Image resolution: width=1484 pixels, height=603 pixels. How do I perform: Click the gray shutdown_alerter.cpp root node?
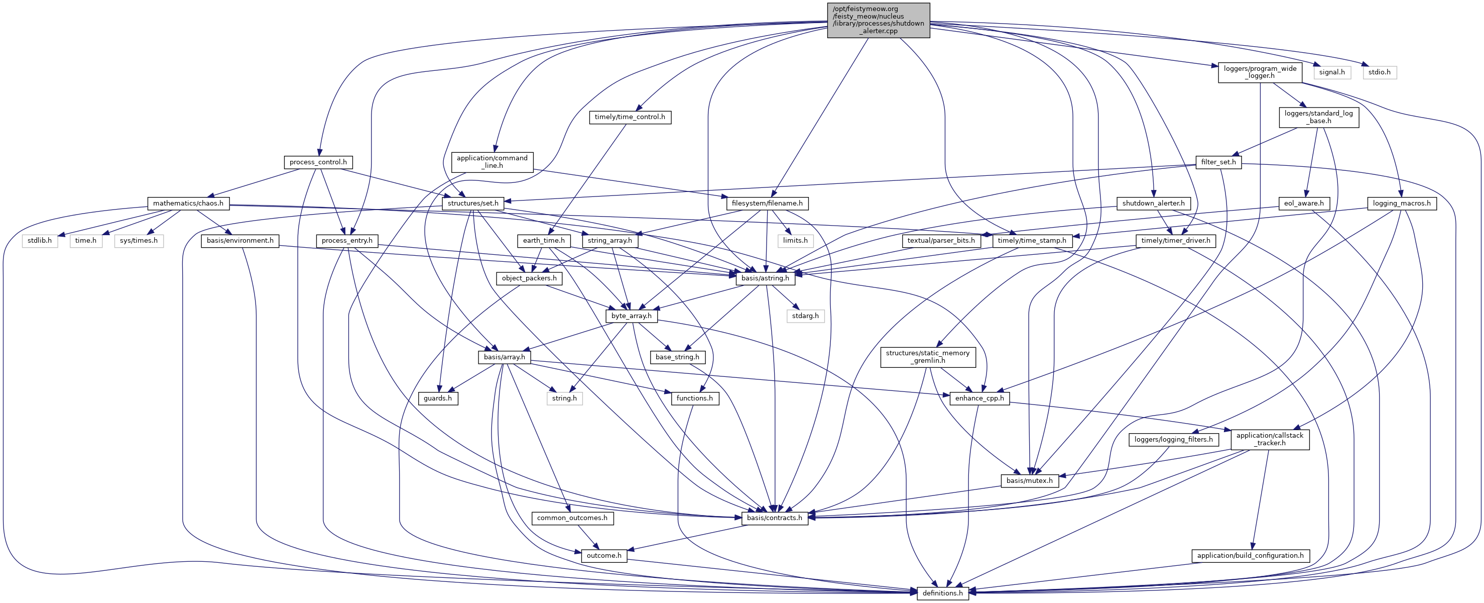point(878,20)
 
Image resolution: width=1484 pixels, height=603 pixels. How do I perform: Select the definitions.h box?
point(942,592)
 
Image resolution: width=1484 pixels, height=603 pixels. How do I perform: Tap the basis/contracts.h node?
point(774,518)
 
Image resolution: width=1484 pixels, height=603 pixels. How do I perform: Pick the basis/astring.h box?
point(765,278)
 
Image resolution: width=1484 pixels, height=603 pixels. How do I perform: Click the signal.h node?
point(1332,72)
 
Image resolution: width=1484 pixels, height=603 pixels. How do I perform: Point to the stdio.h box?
point(1379,72)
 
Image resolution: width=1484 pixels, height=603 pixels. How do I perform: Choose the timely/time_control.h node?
point(630,117)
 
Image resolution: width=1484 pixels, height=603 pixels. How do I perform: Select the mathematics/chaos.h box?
point(188,204)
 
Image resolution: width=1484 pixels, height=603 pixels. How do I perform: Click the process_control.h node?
point(318,162)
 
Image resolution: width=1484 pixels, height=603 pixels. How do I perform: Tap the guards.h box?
point(438,398)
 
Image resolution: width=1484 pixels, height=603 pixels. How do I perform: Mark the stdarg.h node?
point(805,316)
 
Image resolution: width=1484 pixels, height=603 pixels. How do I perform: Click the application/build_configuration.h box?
point(1250,556)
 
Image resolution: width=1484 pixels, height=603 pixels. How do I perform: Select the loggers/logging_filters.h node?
point(1173,439)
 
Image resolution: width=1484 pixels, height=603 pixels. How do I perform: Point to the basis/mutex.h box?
point(1029,481)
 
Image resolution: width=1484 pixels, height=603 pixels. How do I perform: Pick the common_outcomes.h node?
point(572,518)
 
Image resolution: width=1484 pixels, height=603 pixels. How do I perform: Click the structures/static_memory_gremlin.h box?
point(928,357)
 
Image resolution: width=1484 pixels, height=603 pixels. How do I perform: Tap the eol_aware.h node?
point(1304,204)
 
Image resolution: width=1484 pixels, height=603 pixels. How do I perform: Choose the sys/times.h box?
point(138,240)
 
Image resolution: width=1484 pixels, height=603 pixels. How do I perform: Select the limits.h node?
point(795,240)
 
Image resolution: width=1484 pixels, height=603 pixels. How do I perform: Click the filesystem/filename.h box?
point(767,204)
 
